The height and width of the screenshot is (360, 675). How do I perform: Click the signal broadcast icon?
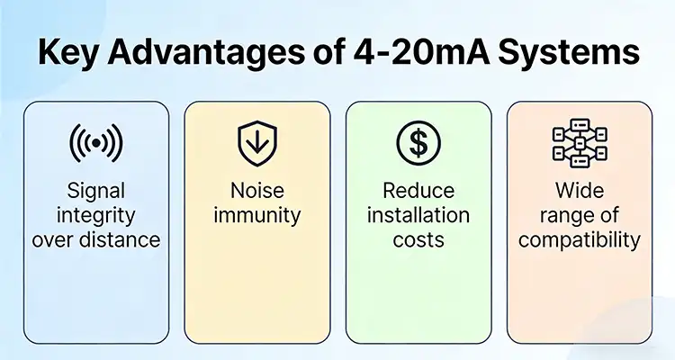[95, 143]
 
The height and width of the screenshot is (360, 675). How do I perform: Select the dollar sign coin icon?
[418, 142]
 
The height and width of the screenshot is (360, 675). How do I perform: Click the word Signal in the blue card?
[95, 192]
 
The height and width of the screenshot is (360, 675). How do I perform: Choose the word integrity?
[95, 216]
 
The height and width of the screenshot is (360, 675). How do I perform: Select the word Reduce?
[418, 192]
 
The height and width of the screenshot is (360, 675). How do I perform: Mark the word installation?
[418, 216]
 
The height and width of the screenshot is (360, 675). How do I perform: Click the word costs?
[418, 239]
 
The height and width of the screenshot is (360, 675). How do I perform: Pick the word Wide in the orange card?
[579, 192]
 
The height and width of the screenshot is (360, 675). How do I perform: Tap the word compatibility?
[579, 240]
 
